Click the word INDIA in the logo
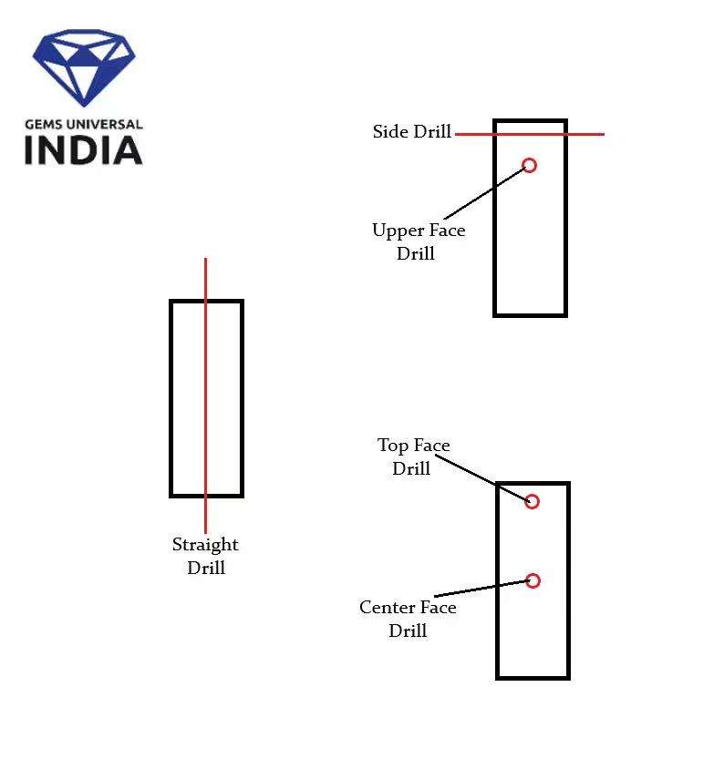[83, 150]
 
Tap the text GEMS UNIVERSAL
[83, 124]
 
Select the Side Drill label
[411, 132]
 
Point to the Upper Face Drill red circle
[529, 165]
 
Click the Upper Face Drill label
[418, 241]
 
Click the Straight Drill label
[205, 556]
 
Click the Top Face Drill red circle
[533, 501]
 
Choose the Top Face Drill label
[413, 456]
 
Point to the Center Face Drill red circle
[533, 580]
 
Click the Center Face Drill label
[408, 619]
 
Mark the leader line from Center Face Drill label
[492, 589]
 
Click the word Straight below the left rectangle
[205, 545]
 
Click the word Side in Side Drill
[389, 132]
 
